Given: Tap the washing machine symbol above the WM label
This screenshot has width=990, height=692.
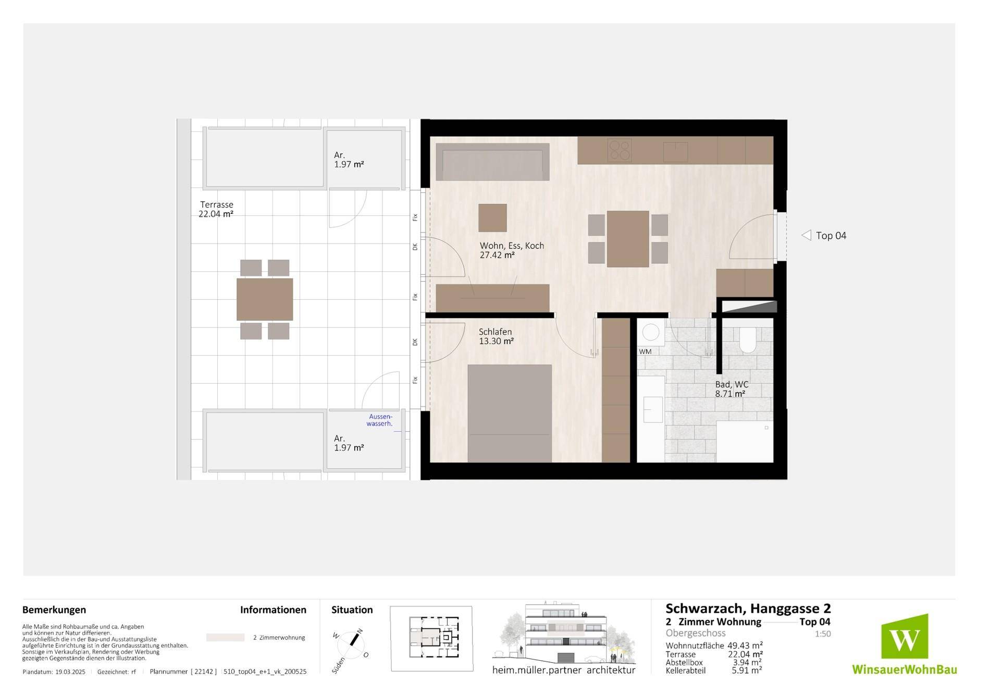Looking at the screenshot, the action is pos(651,332).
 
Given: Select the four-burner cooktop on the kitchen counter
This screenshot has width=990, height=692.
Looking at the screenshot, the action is pos(620,150).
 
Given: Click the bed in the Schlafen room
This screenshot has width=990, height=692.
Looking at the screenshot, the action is pos(510,413).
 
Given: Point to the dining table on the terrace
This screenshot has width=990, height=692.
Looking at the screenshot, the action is pos(265,299).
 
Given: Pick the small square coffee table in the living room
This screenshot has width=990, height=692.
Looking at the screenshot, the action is pos(492,217).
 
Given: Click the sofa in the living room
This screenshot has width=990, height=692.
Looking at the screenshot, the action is pos(492,162).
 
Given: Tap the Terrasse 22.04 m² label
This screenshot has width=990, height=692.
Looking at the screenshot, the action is pos(216,209).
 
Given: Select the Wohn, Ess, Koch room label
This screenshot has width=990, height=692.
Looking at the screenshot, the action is pos(512,250).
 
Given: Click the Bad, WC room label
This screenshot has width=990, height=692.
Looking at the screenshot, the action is pos(732,389).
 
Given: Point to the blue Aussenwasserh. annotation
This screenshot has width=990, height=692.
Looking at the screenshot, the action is pos(380,420).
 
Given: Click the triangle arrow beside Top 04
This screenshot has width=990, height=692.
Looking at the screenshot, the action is pos(806,235).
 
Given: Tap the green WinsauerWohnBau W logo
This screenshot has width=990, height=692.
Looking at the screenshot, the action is pos(905,637).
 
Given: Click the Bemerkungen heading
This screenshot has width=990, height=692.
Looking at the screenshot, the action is pos(54,610).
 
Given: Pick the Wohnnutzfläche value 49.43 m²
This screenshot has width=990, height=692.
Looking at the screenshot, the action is pos(745,646).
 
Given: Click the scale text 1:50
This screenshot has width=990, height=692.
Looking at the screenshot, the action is pos(823,634).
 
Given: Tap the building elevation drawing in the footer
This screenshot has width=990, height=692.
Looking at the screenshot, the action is pos(564,633).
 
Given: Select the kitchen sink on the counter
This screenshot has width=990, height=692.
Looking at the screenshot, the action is pos(675,152).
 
